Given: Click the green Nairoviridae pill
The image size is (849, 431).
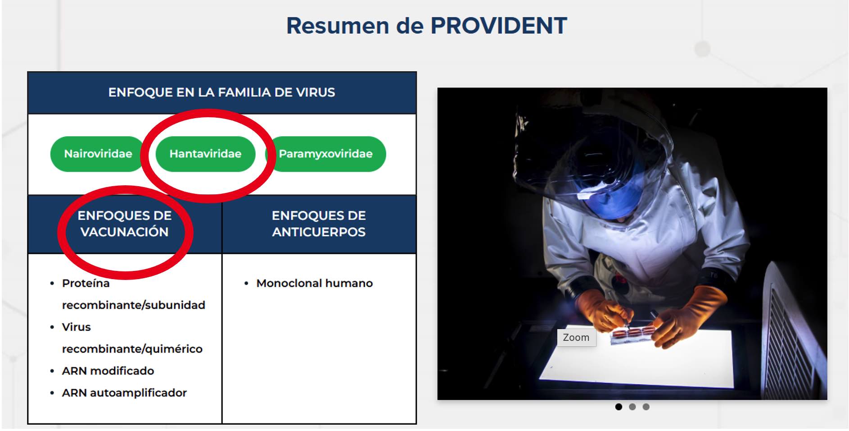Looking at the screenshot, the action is click(x=98, y=154).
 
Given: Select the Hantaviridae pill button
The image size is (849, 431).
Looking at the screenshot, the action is click(x=205, y=154).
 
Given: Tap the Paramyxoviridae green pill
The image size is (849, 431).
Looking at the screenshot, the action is click(x=325, y=154).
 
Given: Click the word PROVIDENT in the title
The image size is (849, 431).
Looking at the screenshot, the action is click(x=499, y=26).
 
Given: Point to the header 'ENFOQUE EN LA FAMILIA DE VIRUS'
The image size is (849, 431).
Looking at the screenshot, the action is click(x=221, y=92).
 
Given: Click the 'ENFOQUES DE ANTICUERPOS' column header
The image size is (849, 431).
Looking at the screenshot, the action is click(x=319, y=224).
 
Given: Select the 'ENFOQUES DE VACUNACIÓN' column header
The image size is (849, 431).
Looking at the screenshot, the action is click(x=125, y=224).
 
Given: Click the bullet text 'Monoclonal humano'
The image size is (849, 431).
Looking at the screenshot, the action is click(x=315, y=283).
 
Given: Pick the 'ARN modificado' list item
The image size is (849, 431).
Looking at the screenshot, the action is click(x=108, y=371).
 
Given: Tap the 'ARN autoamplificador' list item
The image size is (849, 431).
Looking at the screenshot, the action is click(x=124, y=393).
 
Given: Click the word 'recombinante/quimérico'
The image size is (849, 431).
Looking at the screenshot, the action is click(x=132, y=349).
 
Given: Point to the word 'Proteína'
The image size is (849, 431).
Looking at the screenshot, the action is click(x=86, y=283).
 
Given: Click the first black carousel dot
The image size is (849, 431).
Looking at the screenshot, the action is click(x=619, y=407).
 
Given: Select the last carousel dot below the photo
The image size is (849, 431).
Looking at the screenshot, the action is click(x=646, y=407).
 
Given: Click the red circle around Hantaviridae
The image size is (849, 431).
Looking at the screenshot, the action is click(x=208, y=113).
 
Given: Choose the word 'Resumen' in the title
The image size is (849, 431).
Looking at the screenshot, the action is click(x=338, y=26).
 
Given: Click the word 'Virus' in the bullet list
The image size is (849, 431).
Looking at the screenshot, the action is click(x=77, y=327).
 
